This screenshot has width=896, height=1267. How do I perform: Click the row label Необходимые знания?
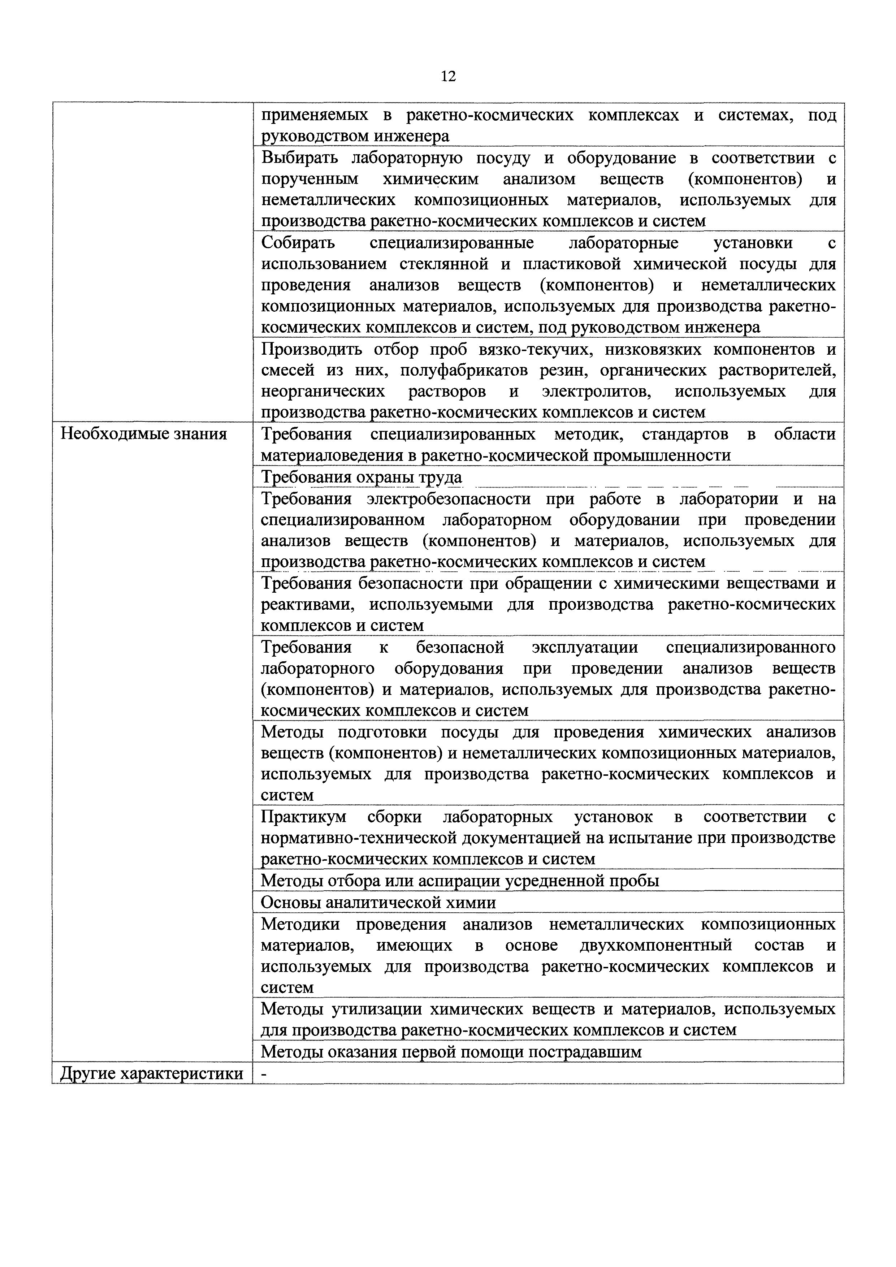(143, 434)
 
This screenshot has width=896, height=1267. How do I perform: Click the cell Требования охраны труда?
(362, 477)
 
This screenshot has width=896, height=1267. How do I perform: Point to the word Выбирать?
(298, 158)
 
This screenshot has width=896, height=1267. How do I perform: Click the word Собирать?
(298, 243)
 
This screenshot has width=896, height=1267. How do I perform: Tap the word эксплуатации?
(585, 647)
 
